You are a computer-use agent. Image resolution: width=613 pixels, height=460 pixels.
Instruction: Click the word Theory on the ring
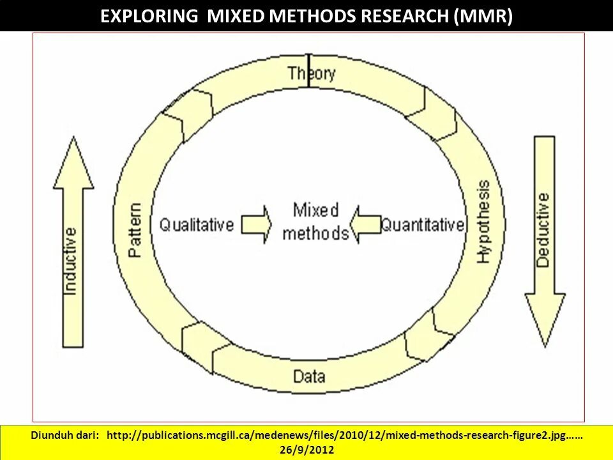(311, 73)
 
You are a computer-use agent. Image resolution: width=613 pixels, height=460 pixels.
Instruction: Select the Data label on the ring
(309, 376)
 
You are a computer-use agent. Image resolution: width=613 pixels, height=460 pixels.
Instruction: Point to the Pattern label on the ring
(135, 230)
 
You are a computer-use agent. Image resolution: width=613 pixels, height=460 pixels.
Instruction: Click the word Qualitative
(197, 225)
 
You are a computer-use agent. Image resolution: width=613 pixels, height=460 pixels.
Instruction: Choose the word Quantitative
(423, 225)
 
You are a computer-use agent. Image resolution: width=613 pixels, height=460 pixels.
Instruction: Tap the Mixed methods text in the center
(315, 221)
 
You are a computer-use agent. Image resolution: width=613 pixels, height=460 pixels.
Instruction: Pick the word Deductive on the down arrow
(543, 230)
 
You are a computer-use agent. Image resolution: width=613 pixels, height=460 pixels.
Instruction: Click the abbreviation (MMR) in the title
(483, 16)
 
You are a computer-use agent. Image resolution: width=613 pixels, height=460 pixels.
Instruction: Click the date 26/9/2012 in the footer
(306, 450)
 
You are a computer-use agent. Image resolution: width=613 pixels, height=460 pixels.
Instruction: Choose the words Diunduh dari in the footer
(65, 435)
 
